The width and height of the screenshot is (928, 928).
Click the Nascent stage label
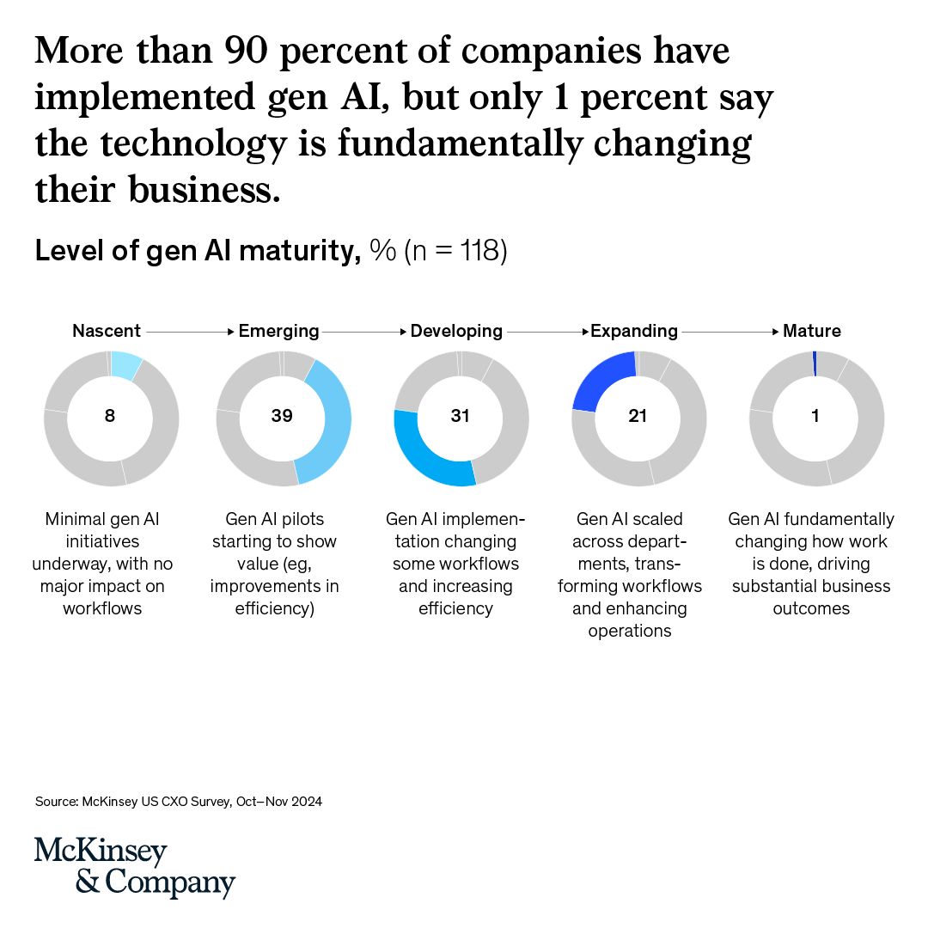(107, 331)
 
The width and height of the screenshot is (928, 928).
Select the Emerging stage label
(278, 331)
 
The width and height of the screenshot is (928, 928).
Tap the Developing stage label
(456, 331)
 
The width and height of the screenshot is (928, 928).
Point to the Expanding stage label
(634, 331)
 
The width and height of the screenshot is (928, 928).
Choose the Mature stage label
(811, 331)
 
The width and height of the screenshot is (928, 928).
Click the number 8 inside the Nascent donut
(110, 416)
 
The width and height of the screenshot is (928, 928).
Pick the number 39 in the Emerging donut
(282, 416)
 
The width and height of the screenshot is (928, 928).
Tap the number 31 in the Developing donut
(461, 416)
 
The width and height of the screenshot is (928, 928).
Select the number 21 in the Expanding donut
(638, 416)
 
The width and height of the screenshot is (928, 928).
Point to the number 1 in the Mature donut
(815, 416)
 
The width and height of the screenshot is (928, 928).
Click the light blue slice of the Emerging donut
(331, 421)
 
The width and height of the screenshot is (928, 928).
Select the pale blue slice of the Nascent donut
(126, 365)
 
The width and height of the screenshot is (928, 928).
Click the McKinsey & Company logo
(135, 867)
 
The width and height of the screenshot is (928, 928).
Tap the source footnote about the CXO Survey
(179, 802)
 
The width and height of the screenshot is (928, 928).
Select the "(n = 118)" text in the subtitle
(456, 252)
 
